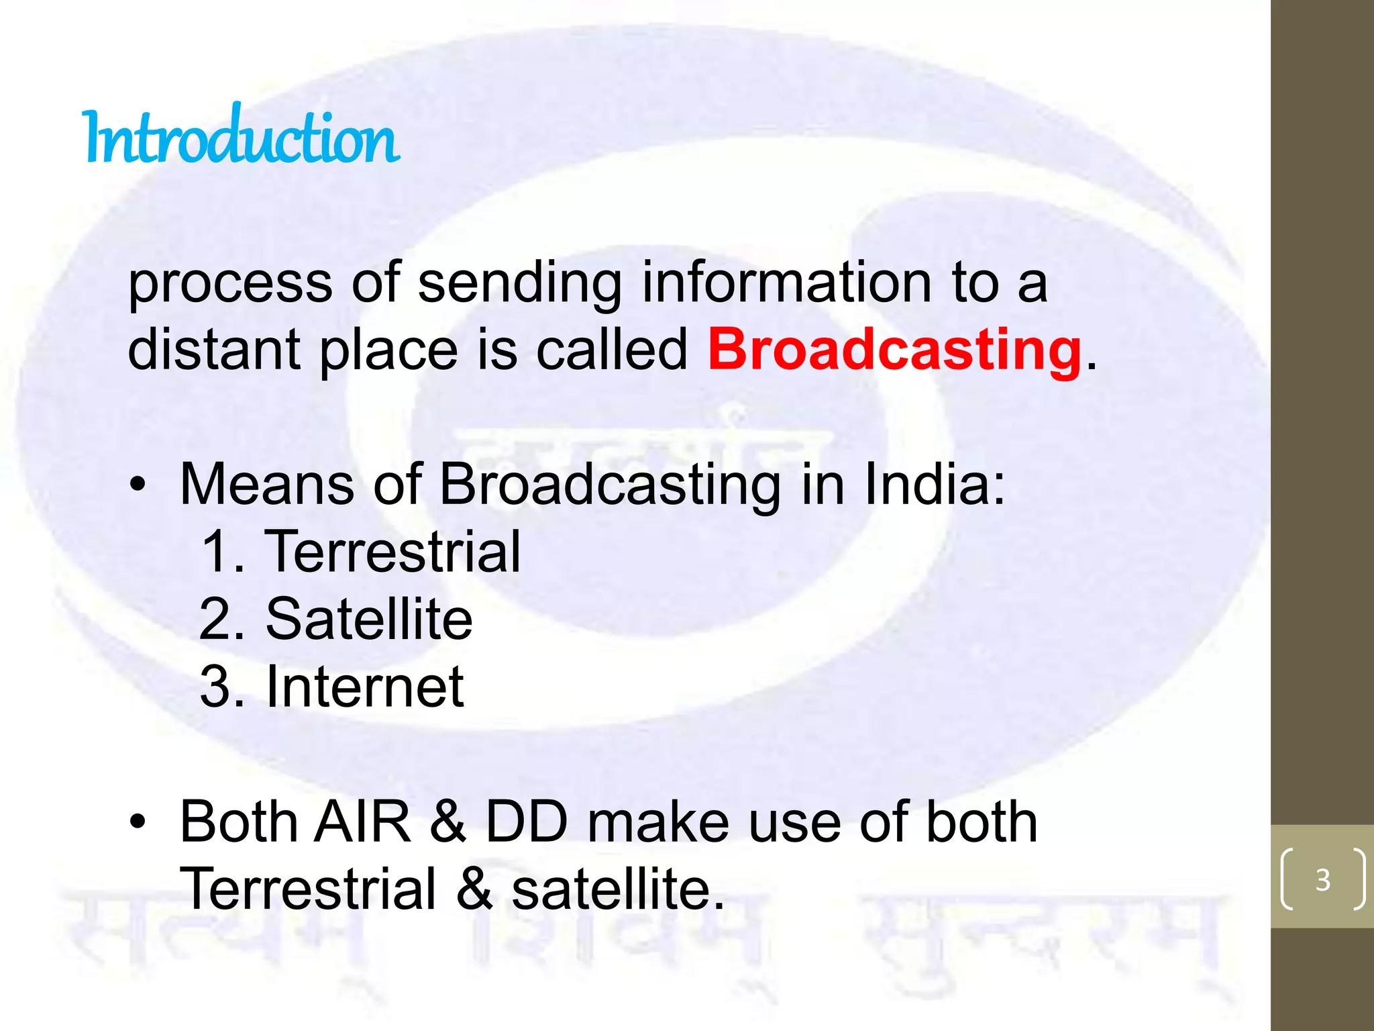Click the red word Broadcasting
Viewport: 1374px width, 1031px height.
(894, 350)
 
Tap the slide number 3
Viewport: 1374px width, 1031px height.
(1322, 879)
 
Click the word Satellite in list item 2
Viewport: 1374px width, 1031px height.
(369, 619)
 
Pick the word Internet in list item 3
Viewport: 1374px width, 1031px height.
(365, 687)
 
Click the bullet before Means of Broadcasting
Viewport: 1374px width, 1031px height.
(138, 485)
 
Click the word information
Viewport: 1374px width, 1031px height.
(786, 283)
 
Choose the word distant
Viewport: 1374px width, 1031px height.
(213, 350)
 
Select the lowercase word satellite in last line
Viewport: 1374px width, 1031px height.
(617, 889)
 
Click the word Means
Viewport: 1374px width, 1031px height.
(267, 484)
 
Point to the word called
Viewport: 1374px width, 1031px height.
(611, 350)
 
